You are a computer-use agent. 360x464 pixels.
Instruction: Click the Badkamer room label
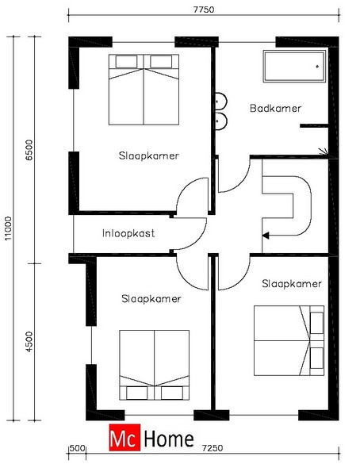click(x=275, y=109)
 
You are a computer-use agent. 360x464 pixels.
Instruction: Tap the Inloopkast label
click(x=128, y=233)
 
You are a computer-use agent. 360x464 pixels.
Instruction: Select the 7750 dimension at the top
click(x=204, y=10)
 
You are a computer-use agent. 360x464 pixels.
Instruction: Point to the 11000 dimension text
click(x=9, y=228)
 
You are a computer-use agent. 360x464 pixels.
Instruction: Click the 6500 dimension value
click(x=29, y=150)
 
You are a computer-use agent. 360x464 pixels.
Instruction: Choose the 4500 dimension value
click(x=29, y=342)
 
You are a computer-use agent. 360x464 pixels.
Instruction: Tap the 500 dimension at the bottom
click(x=78, y=448)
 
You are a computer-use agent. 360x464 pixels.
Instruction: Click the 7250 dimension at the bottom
click(x=213, y=448)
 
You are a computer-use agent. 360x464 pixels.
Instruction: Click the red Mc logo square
click(x=124, y=437)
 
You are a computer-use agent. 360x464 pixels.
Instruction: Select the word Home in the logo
click(x=169, y=439)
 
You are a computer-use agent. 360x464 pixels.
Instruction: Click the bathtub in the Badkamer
click(x=294, y=67)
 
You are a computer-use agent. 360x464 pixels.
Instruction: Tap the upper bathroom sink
click(x=220, y=102)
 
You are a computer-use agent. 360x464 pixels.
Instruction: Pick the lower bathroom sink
click(x=220, y=121)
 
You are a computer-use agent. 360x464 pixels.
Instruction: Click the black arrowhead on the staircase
click(x=266, y=236)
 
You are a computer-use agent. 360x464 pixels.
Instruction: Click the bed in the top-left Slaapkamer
click(x=144, y=90)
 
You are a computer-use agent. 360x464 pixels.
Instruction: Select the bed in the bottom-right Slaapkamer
click(x=289, y=340)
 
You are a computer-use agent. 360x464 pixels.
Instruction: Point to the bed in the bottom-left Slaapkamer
click(x=154, y=365)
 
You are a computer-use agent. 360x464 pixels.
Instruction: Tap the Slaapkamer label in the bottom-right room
click(x=292, y=284)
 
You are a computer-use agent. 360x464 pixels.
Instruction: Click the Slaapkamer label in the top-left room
click(x=149, y=155)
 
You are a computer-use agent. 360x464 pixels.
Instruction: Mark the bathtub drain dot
click(x=317, y=67)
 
